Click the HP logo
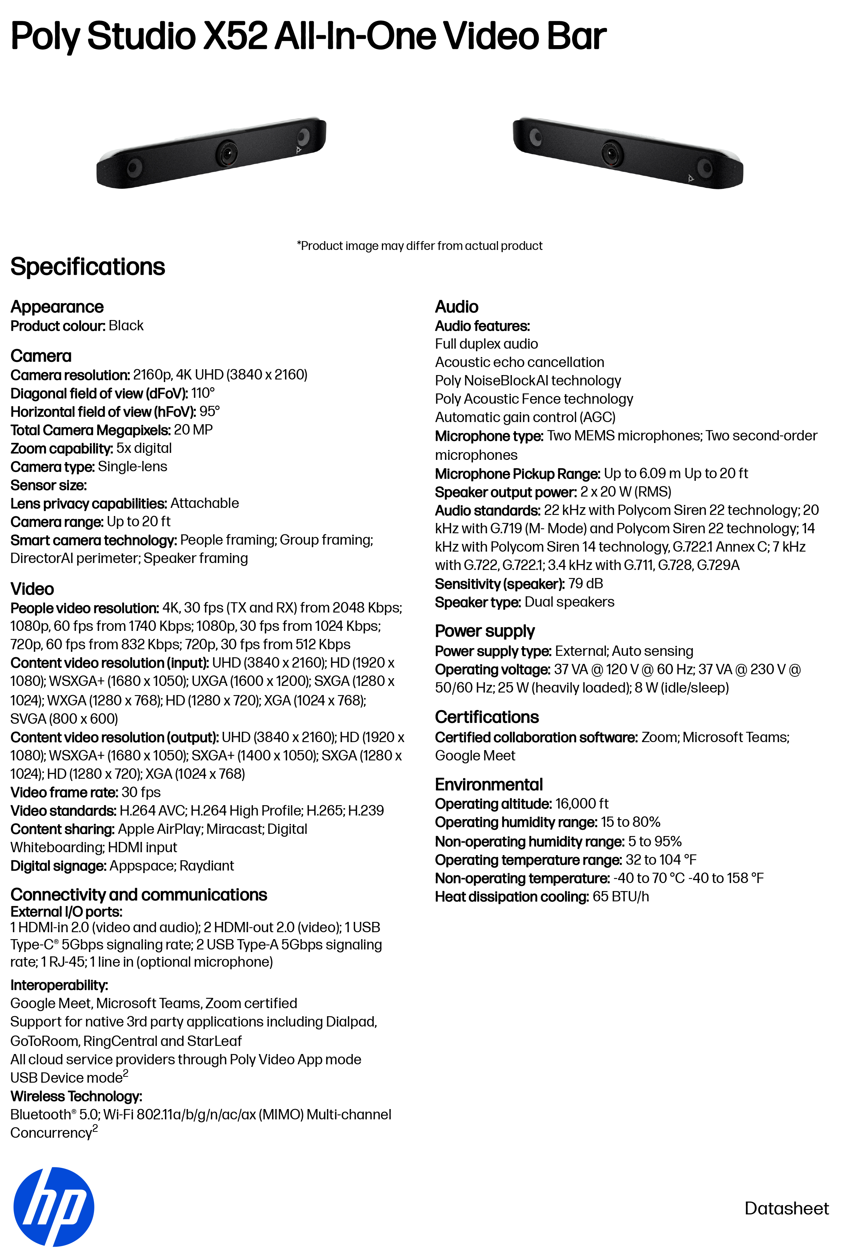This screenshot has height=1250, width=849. pyautogui.click(x=54, y=1206)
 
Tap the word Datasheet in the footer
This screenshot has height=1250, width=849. pyautogui.click(x=786, y=1208)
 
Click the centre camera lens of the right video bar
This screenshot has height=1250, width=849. pyautogui.click(x=612, y=154)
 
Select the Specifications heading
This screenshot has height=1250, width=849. pyautogui.click(x=88, y=267)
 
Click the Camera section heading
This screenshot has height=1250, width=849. pyautogui.click(x=41, y=356)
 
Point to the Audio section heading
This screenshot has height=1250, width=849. pyautogui.click(x=456, y=306)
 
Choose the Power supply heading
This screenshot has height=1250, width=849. pyautogui.click(x=484, y=631)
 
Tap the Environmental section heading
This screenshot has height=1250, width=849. pyautogui.click(x=488, y=785)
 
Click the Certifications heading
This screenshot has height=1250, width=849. pyautogui.click(x=486, y=717)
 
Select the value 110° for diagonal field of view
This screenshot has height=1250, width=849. pyautogui.click(x=203, y=393)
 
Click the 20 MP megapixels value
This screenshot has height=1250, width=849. pyautogui.click(x=193, y=430)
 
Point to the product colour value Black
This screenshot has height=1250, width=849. pyautogui.click(x=126, y=326)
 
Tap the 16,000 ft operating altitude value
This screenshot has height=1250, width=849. pyautogui.click(x=582, y=804)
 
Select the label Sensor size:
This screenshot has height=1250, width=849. pyautogui.click(x=48, y=485)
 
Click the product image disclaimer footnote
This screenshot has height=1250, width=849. pyautogui.click(x=419, y=246)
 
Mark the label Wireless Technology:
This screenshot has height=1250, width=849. pyautogui.click(x=76, y=1096)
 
